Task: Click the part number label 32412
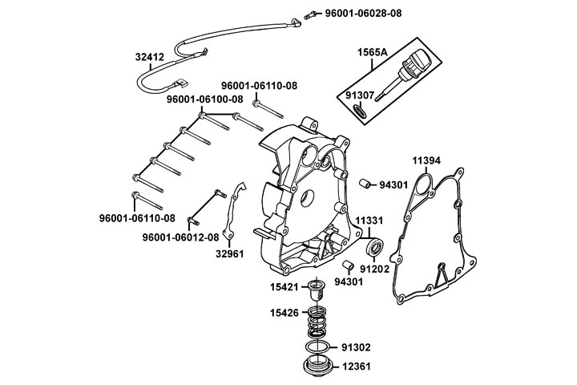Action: (150, 57)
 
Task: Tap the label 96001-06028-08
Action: (363, 14)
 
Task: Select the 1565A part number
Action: (373, 52)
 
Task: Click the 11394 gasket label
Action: (426, 160)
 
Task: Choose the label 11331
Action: (369, 219)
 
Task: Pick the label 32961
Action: (229, 256)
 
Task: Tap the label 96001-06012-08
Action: (180, 237)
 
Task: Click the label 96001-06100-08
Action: (204, 99)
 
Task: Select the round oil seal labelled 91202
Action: (373, 247)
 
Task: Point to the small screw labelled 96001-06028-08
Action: (309, 16)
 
